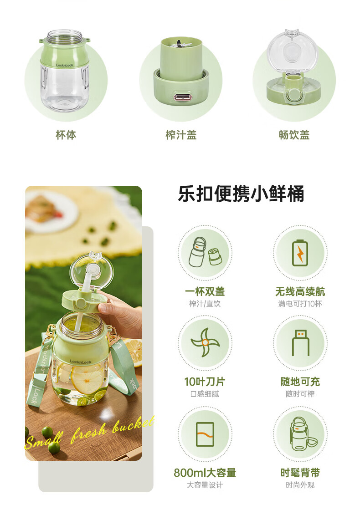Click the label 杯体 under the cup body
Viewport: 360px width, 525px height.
pyautogui.click(x=66, y=135)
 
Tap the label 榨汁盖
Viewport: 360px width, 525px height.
pyautogui.click(x=181, y=135)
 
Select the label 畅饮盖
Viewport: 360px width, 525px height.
pyautogui.click(x=294, y=135)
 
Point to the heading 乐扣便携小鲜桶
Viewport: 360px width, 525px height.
pyautogui.click(x=241, y=194)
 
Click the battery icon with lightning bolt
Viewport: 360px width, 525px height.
pyautogui.click(x=300, y=253)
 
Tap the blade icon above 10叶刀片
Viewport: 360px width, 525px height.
pyautogui.click(x=205, y=342)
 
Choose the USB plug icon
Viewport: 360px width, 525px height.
pyautogui.click(x=300, y=343)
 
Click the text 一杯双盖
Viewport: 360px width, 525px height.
pyautogui.click(x=205, y=291)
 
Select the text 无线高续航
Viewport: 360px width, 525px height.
pyautogui.click(x=300, y=291)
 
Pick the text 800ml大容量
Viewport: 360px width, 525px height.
pyautogui.click(x=205, y=473)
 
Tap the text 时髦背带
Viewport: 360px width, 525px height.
pyautogui.click(x=300, y=473)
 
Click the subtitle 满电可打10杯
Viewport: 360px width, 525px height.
pyautogui.click(x=300, y=304)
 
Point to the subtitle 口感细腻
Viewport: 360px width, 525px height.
pyautogui.click(x=205, y=394)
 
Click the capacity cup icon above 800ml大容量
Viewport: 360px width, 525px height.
pyautogui.click(x=205, y=434)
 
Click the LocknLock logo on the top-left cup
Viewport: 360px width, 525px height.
pyautogui.click(x=64, y=65)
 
